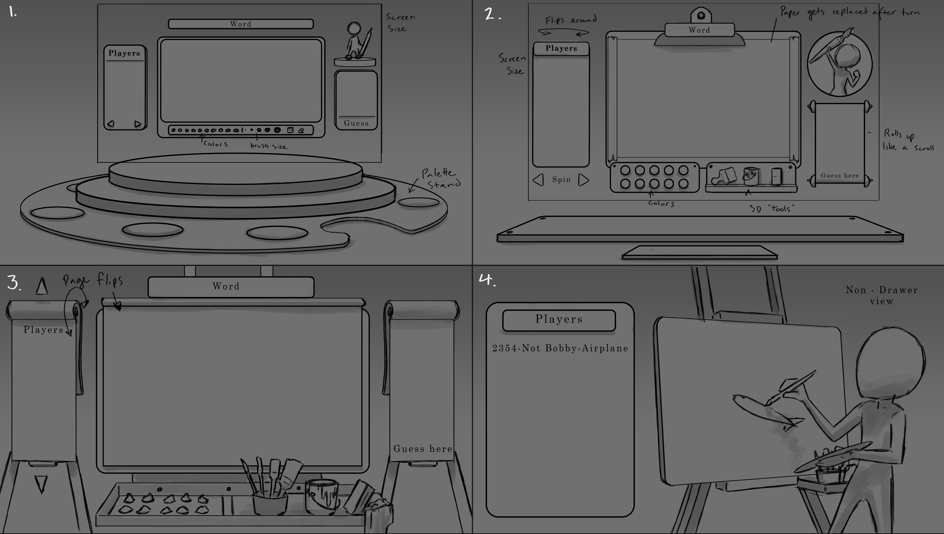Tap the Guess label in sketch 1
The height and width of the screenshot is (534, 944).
356,123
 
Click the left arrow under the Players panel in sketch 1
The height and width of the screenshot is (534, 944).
111,124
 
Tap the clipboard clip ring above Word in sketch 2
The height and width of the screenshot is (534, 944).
701,16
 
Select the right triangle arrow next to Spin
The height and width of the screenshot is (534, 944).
583,180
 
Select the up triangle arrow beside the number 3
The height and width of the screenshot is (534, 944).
42,286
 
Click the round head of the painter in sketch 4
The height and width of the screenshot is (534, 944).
891,363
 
